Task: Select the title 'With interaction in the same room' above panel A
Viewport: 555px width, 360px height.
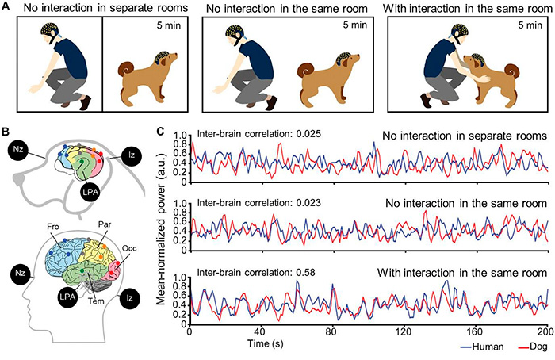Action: pyautogui.click(x=462, y=9)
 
